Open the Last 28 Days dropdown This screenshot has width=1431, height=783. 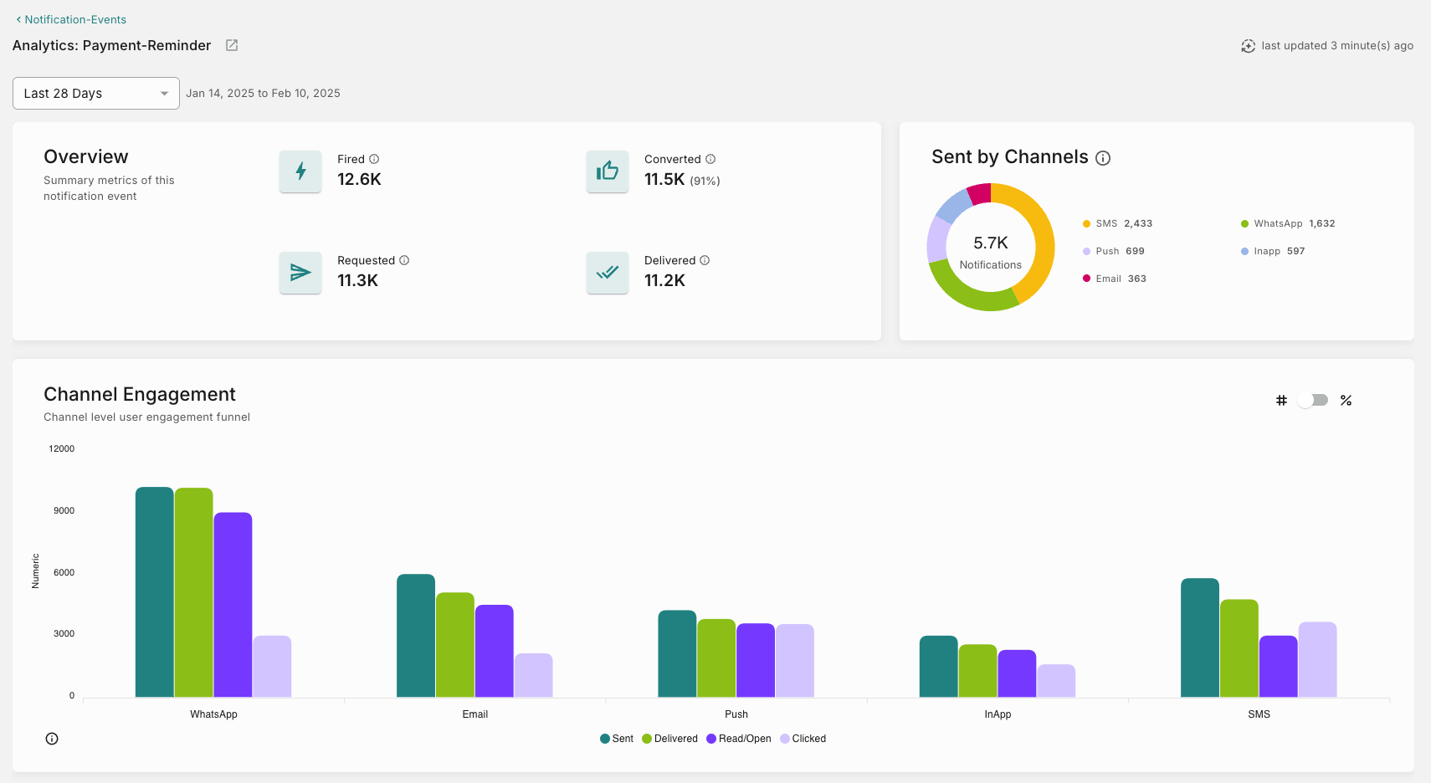[95, 93]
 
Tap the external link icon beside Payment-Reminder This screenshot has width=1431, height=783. [232, 45]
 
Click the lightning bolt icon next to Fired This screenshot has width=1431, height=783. [300, 171]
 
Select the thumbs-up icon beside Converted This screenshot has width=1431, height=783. [608, 171]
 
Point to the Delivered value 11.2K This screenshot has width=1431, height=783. [664, 281]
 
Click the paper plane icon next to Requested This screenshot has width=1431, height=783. [300, 273]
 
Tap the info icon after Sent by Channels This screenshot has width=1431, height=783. [1103, 158]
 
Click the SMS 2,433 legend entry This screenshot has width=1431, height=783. [1117, 223]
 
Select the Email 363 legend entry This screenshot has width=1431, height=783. [1115, 279]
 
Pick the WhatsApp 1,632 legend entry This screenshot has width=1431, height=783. [1288, 223]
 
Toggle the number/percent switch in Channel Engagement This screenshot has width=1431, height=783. [1313, 400]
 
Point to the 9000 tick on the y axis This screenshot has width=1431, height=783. [64, 510]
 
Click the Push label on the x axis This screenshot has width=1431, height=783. [736, 714]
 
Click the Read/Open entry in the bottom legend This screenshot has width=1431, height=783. [739, 739]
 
